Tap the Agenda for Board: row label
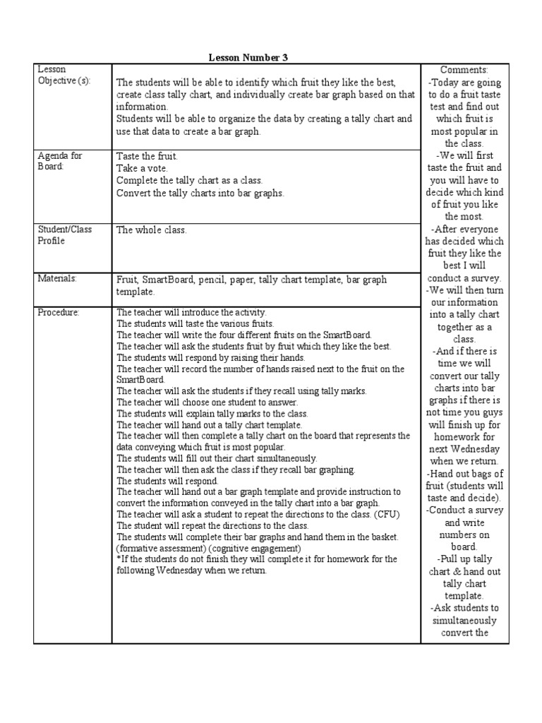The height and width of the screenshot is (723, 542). tap(59, 161)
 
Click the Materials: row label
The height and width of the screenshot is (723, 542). tap(56, 278)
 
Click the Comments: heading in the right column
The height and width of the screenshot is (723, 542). tap(464, 70)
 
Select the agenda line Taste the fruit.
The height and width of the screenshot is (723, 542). tap(147, 156)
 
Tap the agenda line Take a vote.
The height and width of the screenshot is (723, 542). tap(144, 168)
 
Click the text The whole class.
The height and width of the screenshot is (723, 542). tap(152, 229)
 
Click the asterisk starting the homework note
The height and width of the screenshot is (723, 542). tap(119, 559)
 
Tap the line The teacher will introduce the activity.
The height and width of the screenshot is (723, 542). tap(191, 311)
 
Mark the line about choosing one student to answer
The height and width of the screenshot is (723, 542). tap(188, 402)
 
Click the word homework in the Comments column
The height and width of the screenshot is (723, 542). tap(464, 437)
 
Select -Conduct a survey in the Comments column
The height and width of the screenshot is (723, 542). tap(465, 510)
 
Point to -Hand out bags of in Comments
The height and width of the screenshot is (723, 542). tap(465, 474)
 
